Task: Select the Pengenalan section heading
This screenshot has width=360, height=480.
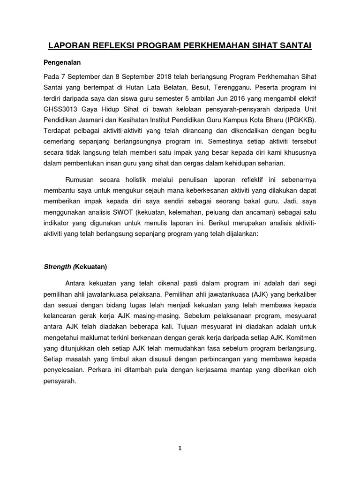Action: (x=63, y=62)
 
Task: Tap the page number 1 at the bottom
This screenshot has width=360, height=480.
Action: (x=180, y=448)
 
